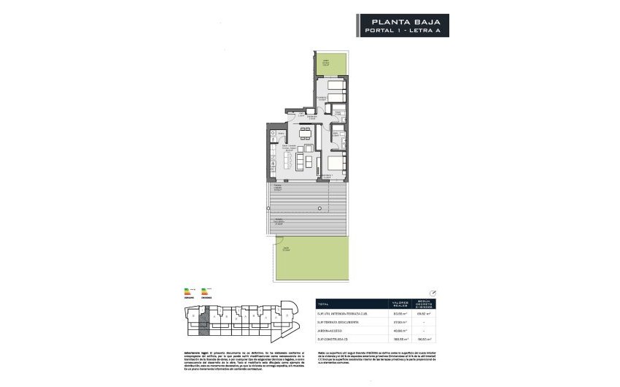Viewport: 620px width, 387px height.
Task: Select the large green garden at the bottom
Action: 312,261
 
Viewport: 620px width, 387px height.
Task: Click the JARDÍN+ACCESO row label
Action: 332,331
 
